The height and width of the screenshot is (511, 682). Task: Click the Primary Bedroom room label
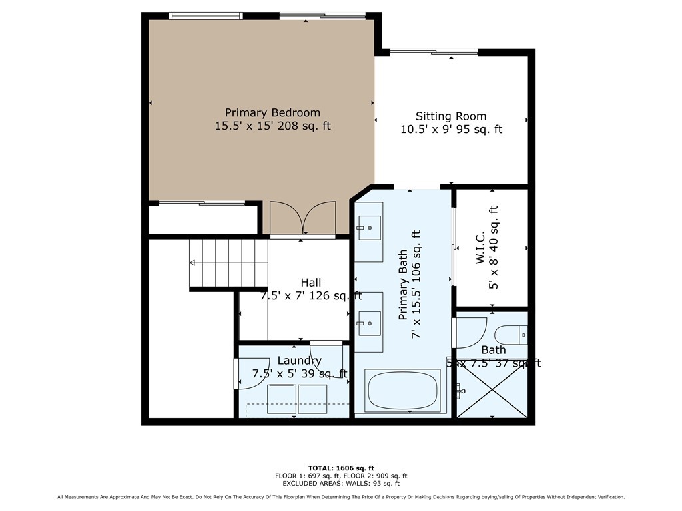(x=272, y=113)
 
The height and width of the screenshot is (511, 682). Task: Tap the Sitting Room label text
(x=451, y=116)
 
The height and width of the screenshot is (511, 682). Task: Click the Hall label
(x=311, y=283)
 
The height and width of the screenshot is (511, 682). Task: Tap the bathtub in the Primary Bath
(x=403, y=392)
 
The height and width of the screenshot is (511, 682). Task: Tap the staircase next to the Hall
(x=228, y=264)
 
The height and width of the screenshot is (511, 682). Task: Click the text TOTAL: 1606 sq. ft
(x=341, y=467)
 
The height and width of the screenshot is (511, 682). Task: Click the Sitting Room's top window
(x=433, y=53)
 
